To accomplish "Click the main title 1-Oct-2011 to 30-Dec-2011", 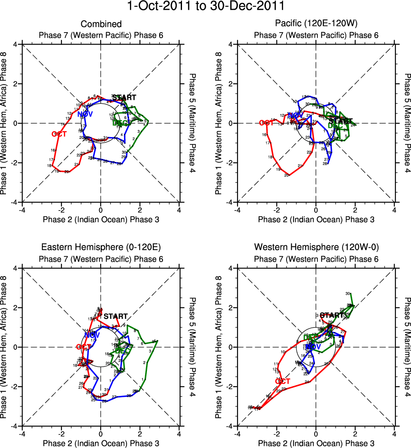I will point(205,6).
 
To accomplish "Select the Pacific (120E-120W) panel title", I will point(316,24).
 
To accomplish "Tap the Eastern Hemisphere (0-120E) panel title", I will point(101,247).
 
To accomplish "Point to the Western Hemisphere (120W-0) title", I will point(316,247).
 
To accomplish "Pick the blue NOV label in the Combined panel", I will point(85,114).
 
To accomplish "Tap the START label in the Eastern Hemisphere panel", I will point(116,316).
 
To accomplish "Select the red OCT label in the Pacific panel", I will point(267,123).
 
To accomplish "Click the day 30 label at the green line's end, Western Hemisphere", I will point(348,293).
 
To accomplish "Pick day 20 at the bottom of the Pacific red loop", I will point(287,175).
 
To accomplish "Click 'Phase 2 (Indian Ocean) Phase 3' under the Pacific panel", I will point(316,219).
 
